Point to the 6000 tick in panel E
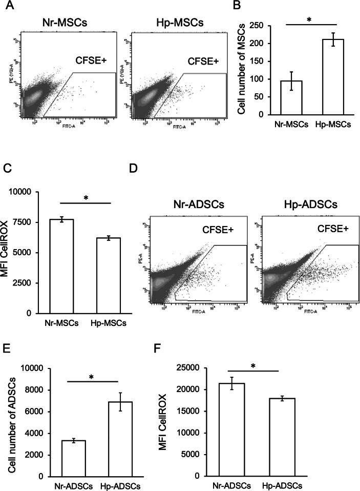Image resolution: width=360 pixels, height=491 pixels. coord(45,412)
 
